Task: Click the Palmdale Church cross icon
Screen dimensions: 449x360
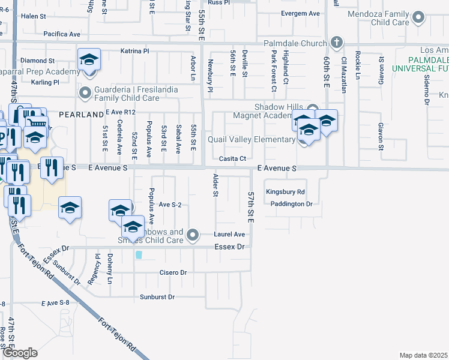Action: [337, 43]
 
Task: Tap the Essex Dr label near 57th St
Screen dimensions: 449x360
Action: [230, 247]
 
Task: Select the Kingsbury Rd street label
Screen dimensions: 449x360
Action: [286, 192]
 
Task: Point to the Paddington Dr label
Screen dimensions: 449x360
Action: [292, 204]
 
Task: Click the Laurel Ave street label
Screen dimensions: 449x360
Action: [231, 234]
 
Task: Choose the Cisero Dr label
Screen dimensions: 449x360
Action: [173, 272]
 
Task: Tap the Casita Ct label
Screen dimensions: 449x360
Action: [232, 158]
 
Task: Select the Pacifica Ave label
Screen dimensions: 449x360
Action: [62, 35]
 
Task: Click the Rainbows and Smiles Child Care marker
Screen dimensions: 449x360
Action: [192, 235]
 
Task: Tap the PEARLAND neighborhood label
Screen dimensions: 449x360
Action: [81, 114]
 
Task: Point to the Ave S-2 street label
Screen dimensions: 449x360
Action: [170, 205]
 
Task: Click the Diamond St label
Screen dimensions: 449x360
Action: [37, 61]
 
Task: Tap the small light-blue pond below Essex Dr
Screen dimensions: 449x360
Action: [139, 254]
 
